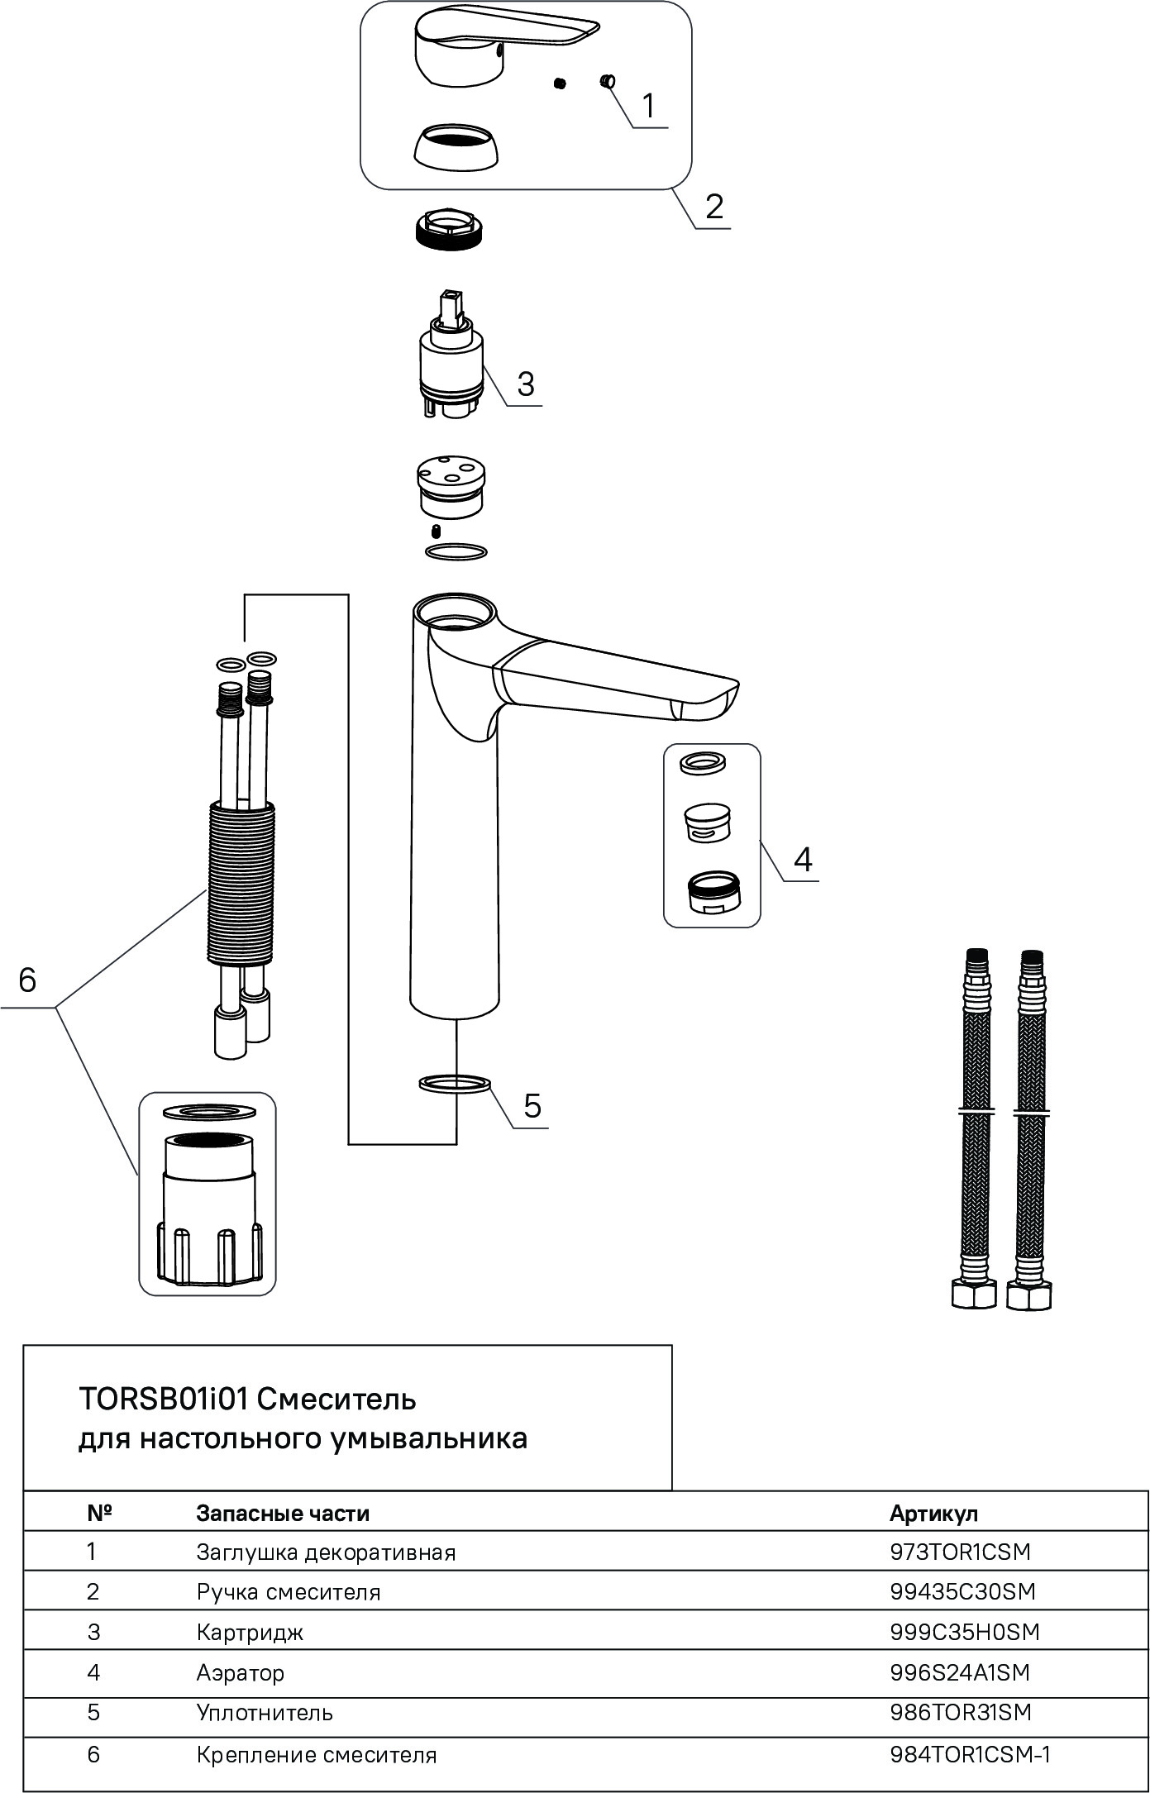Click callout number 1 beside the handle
click(648, 107)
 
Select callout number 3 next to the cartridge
click(525, 384)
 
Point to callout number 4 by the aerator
click(803, 861)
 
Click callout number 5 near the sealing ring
click(532, 1106)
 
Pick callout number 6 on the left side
click(27, 981)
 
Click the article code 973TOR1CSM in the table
click(960, 1552)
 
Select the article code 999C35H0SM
click(964, 1632)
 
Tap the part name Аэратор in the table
click(240, 1672)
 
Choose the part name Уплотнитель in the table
click(265, 1712)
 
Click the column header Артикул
click(933, 1514)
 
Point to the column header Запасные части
click(283, 1514)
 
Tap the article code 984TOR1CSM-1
click(970, 1754)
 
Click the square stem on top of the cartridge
click(451, 306)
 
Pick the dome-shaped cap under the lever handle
click(456, 149)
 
